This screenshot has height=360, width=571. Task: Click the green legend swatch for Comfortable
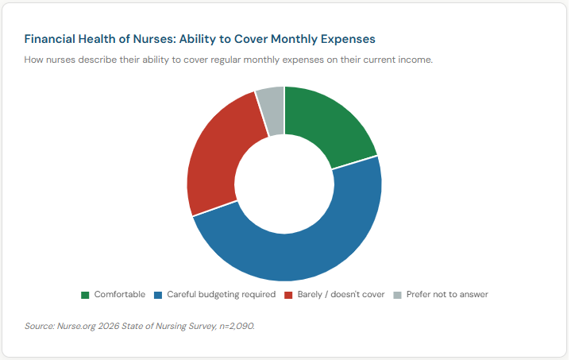pos(85,295)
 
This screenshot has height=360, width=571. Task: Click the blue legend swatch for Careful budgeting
pos(158,295)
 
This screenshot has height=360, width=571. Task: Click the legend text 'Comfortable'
pos(120,294)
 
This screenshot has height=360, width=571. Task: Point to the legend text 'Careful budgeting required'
pos(221,294)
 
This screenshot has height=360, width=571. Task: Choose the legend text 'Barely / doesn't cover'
pos(341,294)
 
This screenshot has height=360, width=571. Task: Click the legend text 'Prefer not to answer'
pos(447,294)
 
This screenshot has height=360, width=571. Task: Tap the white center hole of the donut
pos(284,184)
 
